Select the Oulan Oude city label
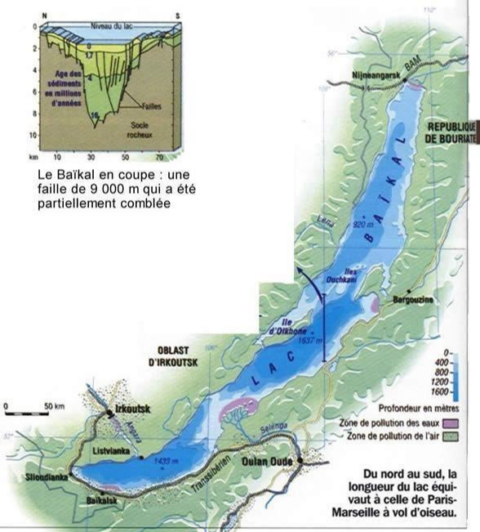269,461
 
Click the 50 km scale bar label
55,405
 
